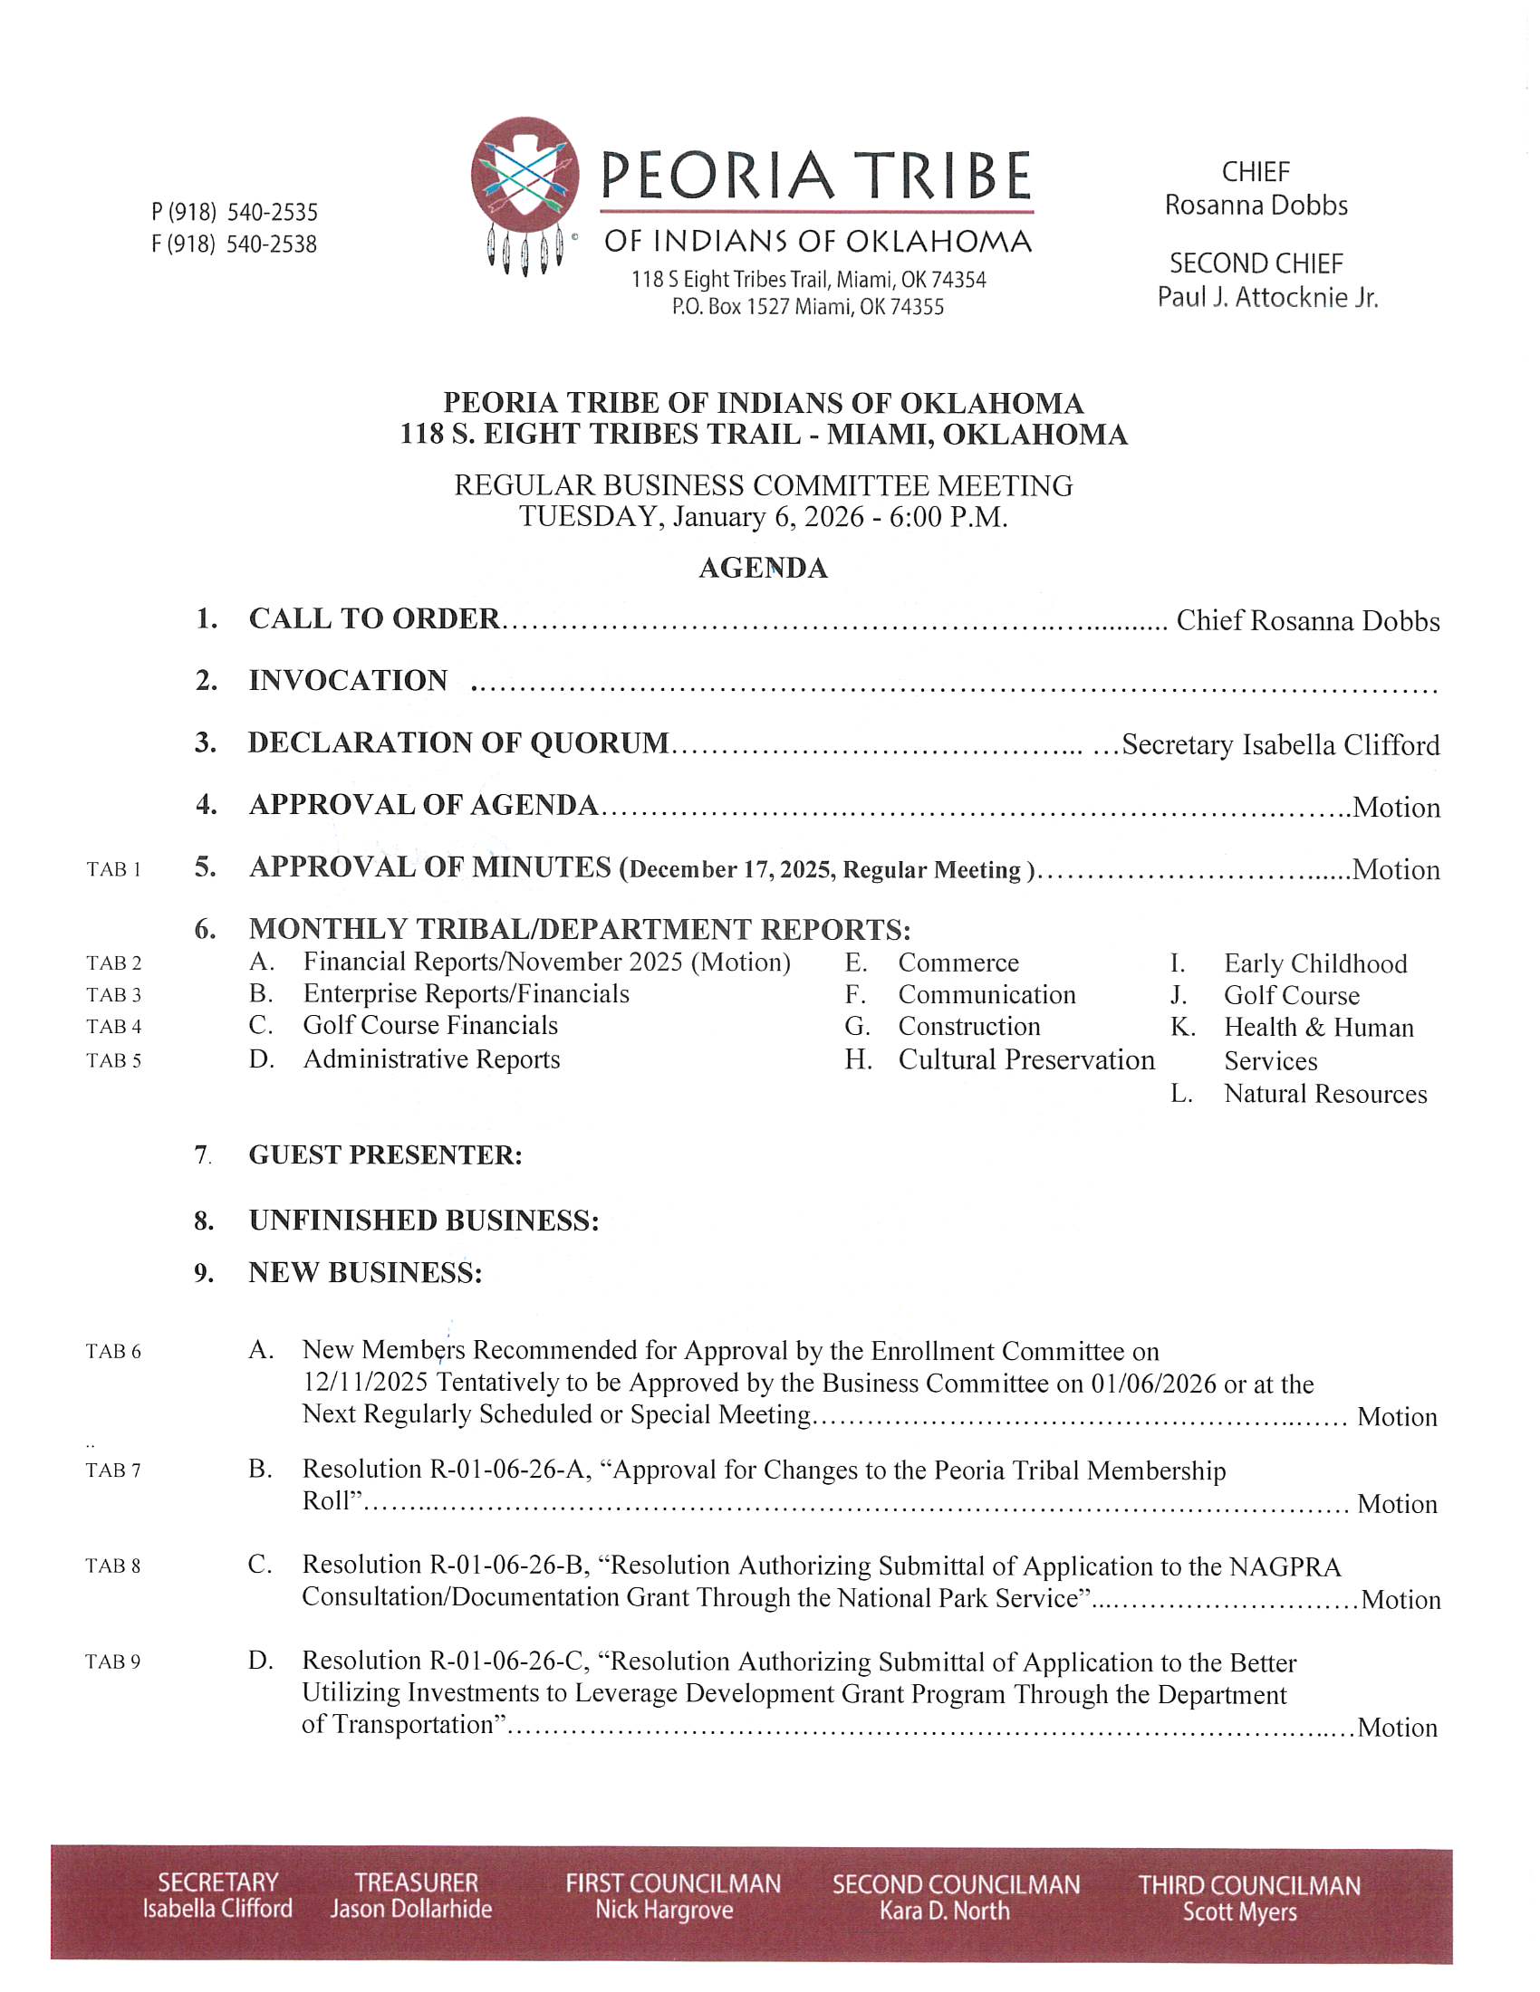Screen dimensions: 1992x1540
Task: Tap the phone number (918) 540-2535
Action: point(236,213)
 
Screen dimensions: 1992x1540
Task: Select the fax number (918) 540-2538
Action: point(235,244)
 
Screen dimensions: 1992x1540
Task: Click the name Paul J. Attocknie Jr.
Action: point(1267,297)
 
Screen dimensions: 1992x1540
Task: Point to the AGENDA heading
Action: point(763,568)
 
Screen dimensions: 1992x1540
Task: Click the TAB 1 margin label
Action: point(114,869)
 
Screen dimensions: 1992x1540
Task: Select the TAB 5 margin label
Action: point(114,1061)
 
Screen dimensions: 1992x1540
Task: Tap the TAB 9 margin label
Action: point(113,1662)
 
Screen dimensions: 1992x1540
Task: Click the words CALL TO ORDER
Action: point(374,618)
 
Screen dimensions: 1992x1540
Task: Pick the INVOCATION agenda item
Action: point(349,680)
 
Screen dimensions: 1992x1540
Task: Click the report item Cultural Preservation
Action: point(1026,1060)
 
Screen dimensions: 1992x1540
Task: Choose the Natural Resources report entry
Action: point(1324,1094)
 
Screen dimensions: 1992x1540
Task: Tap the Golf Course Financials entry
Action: point(430,1025)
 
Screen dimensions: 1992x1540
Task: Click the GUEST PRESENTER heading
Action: point(385,1154)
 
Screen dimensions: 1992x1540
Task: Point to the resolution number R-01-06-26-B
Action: point(506,1566)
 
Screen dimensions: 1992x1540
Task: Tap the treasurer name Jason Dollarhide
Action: point(411,1909)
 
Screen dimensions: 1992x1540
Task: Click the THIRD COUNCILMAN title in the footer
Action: point(1249,1885)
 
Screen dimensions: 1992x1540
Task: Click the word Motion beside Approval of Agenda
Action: point(1396,807)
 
